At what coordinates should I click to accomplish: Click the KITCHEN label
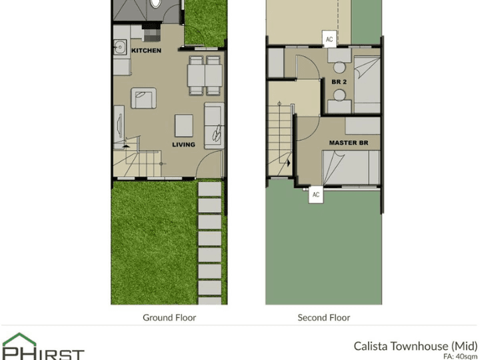tap(146, 51)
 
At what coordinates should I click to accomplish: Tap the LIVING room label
tap(183, 145)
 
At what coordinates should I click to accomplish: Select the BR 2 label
tap(339, 82)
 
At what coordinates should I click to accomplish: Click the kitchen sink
tap(120, 47)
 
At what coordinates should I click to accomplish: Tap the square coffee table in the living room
tap(184, 125)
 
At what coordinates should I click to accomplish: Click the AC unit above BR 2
tap(329, 39)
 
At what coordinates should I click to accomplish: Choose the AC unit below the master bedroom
tap(316, 195)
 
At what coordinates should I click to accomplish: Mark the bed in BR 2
tap(365, 85)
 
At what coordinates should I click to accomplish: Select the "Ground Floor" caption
tap(169, 318)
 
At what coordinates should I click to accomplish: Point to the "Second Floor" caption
tap(323, 318)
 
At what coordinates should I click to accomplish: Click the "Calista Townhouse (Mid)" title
tap(415, 345)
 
